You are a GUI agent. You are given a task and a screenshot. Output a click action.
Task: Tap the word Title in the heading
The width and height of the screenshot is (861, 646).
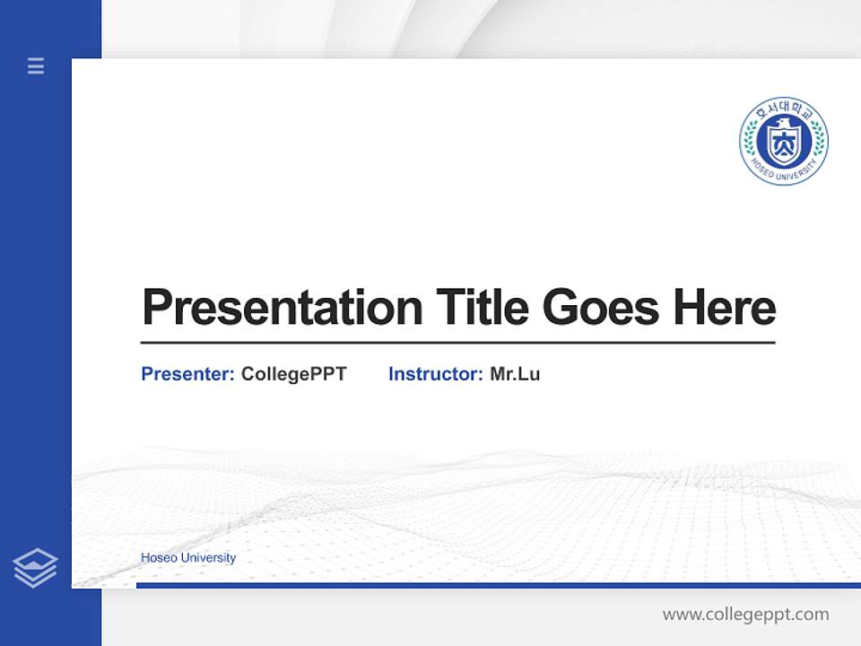(x=482, y=308)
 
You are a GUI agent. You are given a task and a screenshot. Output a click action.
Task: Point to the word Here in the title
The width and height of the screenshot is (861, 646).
(x=725, y=308)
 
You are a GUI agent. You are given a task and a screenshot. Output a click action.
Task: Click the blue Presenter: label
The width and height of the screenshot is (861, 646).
(x=187, y=374)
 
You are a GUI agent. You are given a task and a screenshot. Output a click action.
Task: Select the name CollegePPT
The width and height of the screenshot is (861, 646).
(x=293, y=374)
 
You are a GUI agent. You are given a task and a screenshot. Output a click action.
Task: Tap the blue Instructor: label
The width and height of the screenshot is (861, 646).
(x=435, y=374)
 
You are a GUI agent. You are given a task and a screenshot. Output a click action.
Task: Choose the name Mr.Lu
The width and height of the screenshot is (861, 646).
(x=515, y=374)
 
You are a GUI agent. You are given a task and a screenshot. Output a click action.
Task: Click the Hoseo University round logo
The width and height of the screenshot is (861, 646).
(x=784, y=141)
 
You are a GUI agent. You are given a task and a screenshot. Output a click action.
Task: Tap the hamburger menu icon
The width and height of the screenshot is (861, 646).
(x=36, y=65)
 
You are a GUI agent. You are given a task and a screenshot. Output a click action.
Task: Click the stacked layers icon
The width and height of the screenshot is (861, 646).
(x=35, y=568)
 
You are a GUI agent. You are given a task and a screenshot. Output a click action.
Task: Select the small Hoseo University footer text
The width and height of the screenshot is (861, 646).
(x=188, y=558)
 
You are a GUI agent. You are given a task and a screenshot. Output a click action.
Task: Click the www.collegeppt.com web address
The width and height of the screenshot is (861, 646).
(x=745, y=615)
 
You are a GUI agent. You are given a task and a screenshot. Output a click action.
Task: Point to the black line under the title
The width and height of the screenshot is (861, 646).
(x=457, y=343)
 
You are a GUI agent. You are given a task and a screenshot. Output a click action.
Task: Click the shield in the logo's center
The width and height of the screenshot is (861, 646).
(x=784, y=144)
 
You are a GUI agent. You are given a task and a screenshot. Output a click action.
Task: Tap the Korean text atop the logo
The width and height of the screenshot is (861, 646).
(x=784, y=111)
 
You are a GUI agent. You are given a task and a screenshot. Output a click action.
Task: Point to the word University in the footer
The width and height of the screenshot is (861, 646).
(x=208, y=558)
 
